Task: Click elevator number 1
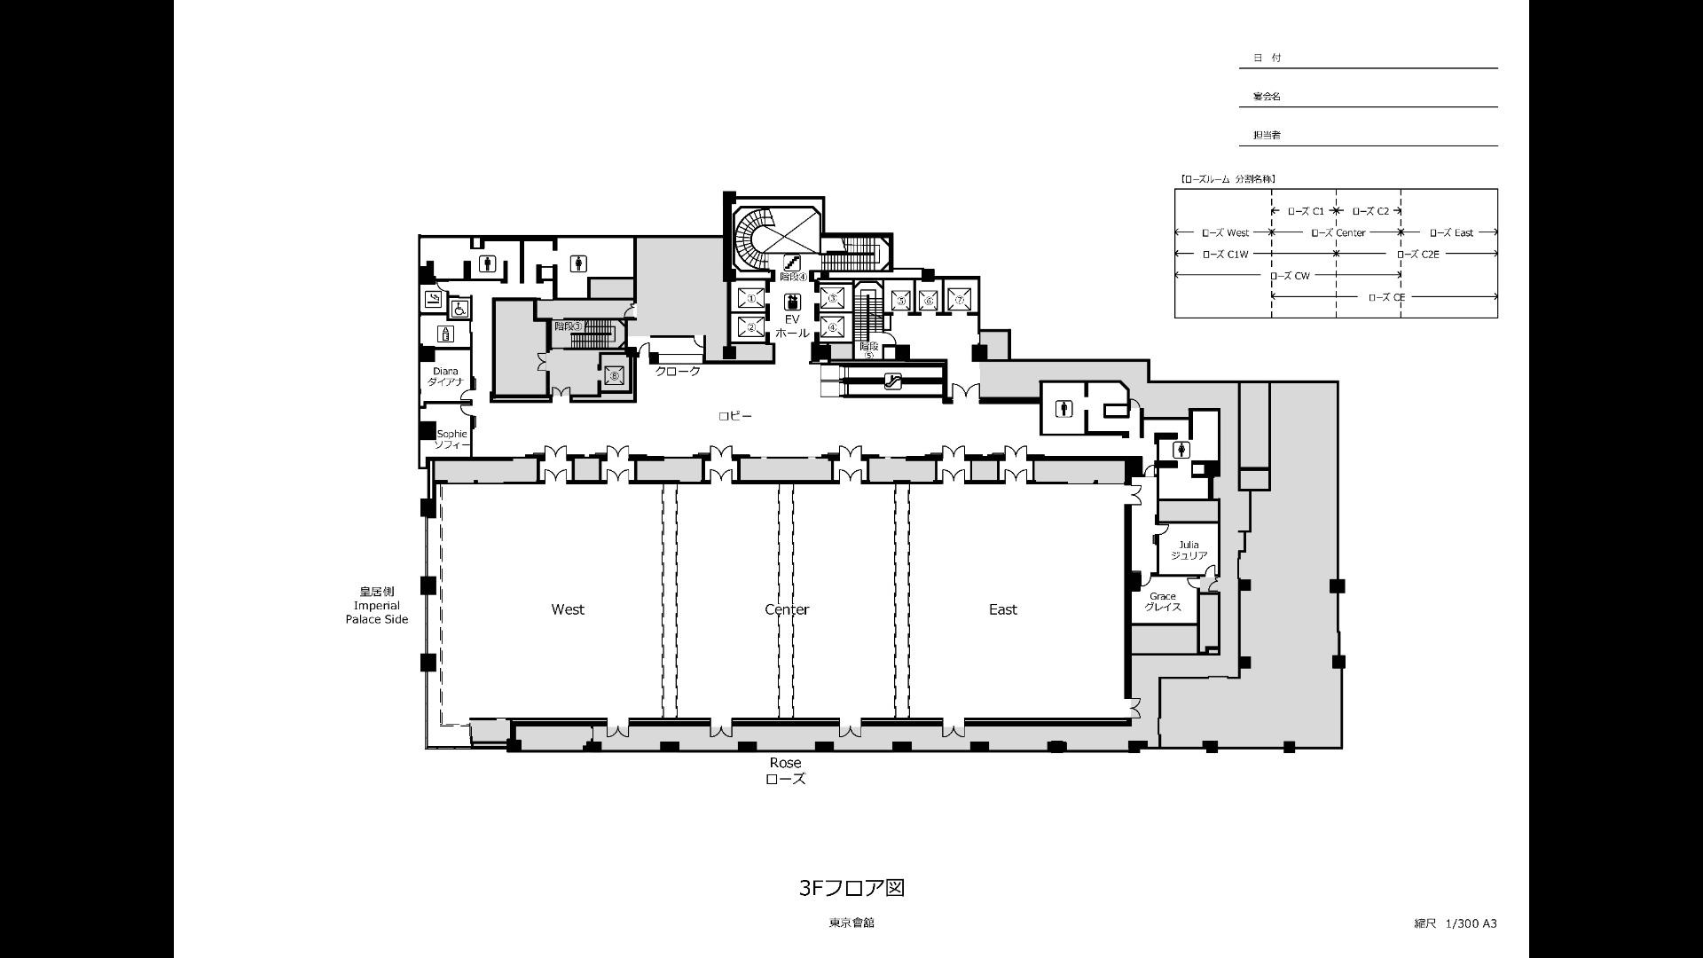(750, 299)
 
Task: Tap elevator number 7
(959, 301)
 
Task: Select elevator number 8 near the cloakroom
(614, 375)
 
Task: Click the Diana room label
(445, 376)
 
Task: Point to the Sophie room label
(451, 439)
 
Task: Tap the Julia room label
(1189, 550)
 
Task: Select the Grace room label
(1162, 601)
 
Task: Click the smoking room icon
(433, 299)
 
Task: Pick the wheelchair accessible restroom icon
(459, 309)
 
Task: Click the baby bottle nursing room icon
(445, 334)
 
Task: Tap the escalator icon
(893, 381)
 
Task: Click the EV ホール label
(791, 326)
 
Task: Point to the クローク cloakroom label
(678, 371)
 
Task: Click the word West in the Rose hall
(568, 609)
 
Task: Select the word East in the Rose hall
(1002, 609)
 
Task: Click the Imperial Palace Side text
(377, 612)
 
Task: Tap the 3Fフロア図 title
(851, 888)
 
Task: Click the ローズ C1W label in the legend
(1225, 255)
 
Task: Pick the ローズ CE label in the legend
(1385, 297)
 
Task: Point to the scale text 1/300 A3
(1471, 923)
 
